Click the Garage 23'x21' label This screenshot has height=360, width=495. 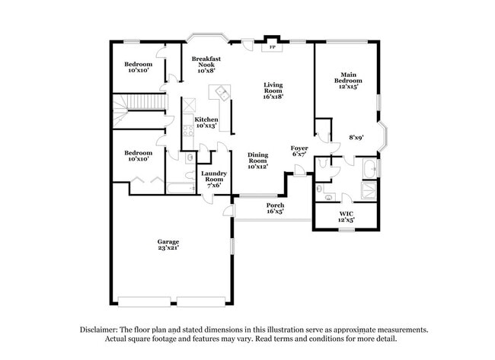tap(169, 244)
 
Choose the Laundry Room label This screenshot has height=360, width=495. tap(213, 179)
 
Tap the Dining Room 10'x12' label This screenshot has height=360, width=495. tap(258, 161)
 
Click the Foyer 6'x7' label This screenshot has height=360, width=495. tap(299, 151)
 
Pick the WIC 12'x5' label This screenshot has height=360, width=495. tap(346, 217)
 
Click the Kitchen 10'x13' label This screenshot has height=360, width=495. tap(206, 123)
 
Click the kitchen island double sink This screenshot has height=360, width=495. tap(222, 93)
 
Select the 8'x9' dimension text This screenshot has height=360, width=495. tap(356, 138)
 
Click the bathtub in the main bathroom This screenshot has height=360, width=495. tap(369, 167)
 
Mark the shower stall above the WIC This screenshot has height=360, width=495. tap(369, 190)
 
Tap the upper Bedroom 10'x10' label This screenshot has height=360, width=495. tap(139, 67)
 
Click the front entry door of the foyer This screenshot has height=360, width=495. tap(302, 172)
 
